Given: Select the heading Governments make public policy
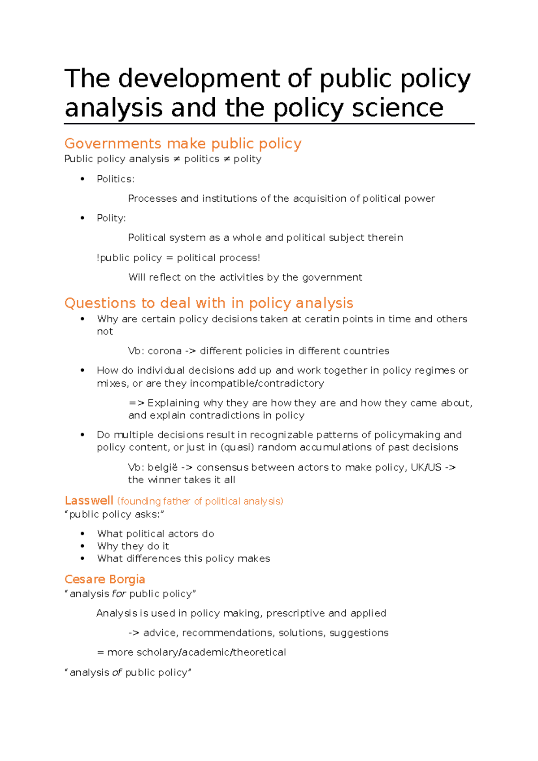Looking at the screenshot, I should [x=182, y=143].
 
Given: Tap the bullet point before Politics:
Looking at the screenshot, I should [x=82, y=179].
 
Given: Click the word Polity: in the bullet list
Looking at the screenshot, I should [x=111, y=218].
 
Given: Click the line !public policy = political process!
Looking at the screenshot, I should [x=178, y=258].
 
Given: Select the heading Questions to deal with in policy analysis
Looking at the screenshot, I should [x=208, y=303].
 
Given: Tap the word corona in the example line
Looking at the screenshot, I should [x=165, y=351].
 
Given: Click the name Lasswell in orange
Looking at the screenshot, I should [x=89, y=501].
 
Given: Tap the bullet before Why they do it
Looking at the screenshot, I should [x=82, y=546].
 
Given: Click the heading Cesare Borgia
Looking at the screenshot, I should [x=104, y=579].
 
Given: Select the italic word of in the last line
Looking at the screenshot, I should [x=117, y=672].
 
